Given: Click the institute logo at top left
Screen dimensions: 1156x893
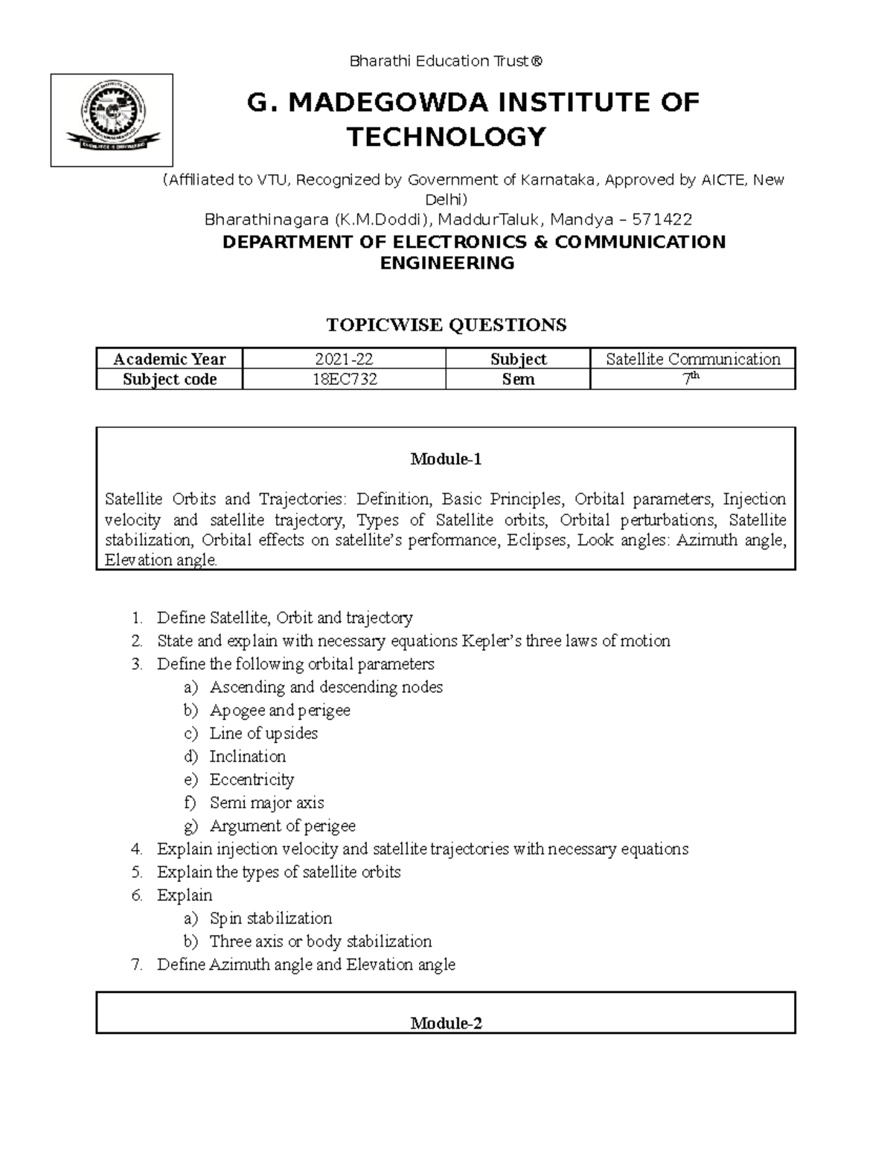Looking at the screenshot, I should [x=112, y=120].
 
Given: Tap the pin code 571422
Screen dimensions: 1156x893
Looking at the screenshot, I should [x=662, y=220].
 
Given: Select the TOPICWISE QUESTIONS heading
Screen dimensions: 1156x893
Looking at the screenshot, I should [x=446, y=325].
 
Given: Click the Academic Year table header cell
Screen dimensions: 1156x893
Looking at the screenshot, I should [x=170, y=359].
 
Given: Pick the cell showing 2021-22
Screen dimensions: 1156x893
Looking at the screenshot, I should [x=344, y=359].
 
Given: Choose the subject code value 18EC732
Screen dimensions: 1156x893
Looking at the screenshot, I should [x=344, y=380].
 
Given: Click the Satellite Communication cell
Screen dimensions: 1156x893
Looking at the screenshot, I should [x=693, y=359].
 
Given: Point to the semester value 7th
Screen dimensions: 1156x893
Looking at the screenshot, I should [x=693, y=379].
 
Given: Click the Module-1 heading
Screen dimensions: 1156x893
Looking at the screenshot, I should [x=446, y=459].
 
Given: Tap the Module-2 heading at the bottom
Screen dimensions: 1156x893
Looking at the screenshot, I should [x=446, y=1024].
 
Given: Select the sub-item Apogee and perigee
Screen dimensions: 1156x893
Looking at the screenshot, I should [x=280, y=710].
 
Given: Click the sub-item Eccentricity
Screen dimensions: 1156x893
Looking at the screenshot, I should [x=252, y=779].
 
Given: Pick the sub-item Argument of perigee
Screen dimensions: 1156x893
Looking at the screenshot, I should [x=282, y=826].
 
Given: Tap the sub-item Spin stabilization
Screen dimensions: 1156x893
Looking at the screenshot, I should [x=271, y=918].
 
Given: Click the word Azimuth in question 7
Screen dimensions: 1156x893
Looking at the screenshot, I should [x=237, y=965].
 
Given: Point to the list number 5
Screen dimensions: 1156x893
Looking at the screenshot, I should [x=136, y=872].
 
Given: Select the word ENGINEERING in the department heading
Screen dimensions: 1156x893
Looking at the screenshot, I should [x=446, y=263].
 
